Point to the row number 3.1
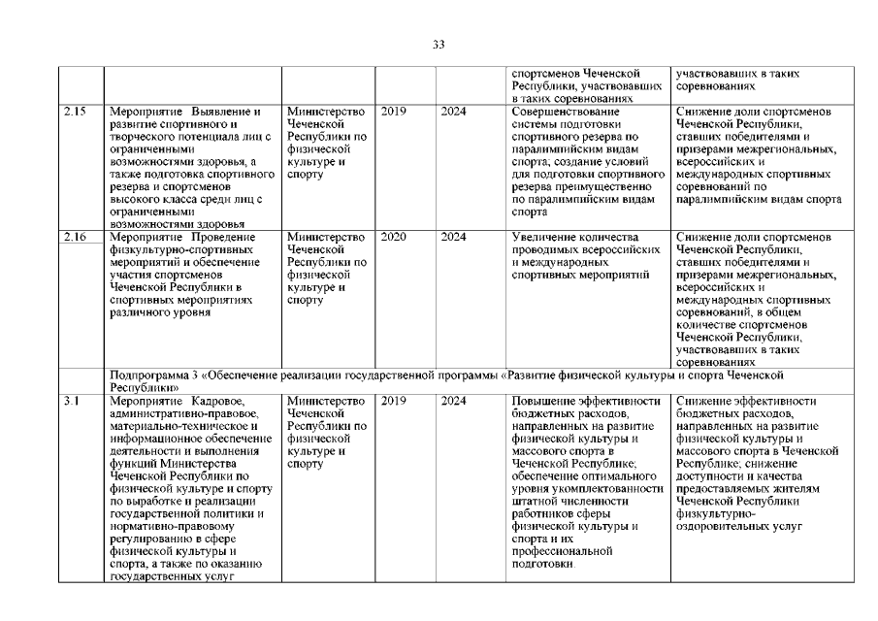tap(70, 400)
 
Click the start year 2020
tap(393, 236)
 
